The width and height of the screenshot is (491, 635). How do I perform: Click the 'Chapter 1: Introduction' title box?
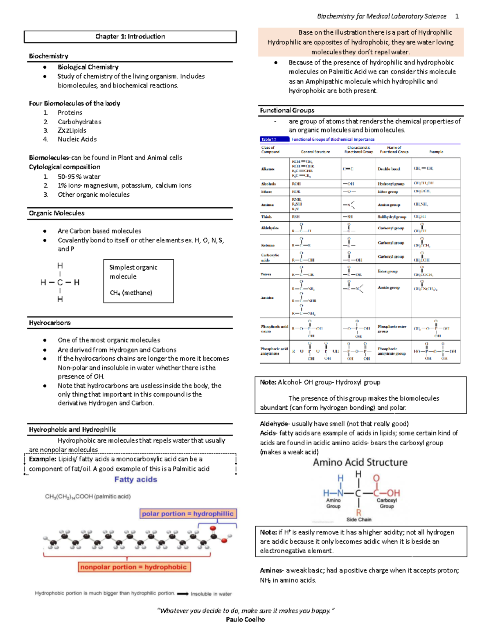point(130,36)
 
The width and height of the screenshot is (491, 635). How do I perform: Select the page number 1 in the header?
point(457,16)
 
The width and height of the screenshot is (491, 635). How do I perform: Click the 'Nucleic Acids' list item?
point(77,139)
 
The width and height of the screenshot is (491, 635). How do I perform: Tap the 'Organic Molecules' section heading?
point(56,213)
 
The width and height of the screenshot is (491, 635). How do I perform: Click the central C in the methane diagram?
point(60,283)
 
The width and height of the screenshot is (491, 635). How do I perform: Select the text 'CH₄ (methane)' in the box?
point(131,293)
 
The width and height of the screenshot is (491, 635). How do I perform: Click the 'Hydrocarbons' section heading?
point(50,323)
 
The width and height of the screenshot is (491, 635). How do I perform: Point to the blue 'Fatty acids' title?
point(135,479)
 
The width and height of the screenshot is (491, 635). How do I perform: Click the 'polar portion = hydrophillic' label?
point(187,514)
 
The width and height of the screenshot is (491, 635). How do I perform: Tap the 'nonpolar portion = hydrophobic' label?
point(133,567)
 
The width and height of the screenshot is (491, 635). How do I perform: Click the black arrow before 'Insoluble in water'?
point(182,594)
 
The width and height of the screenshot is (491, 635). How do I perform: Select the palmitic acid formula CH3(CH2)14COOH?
point(88,496)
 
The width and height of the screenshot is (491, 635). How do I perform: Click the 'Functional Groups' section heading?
point(287,110)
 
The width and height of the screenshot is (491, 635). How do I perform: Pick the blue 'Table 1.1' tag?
point(269,139)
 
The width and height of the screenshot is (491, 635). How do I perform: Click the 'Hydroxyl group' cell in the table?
point(391,184)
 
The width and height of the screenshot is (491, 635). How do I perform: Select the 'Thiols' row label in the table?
point(266,217)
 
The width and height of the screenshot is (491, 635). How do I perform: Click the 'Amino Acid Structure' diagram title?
point(360,462)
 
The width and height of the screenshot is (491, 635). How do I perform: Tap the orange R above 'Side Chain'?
point(358,512)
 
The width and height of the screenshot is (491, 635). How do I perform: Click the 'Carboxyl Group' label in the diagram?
point(387,503)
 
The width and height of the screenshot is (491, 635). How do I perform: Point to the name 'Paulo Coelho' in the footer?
point(245,619)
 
